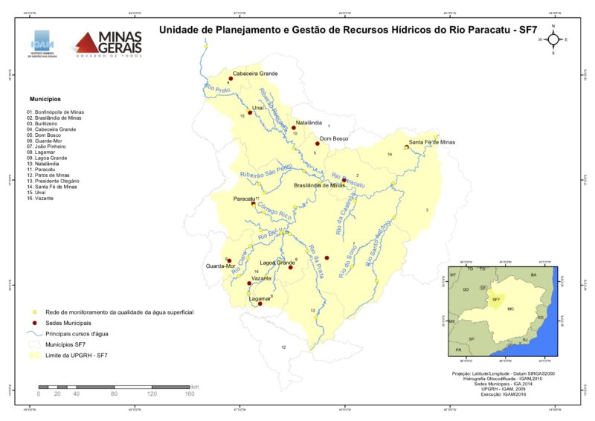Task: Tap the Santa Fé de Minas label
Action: coord(431,141)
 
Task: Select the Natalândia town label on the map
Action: coord(309,122)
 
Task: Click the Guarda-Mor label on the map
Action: coord(220,266)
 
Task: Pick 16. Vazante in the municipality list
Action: coord(45,199)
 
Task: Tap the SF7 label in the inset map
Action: coord(494,300)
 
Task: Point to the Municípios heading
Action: coord(45,99)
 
